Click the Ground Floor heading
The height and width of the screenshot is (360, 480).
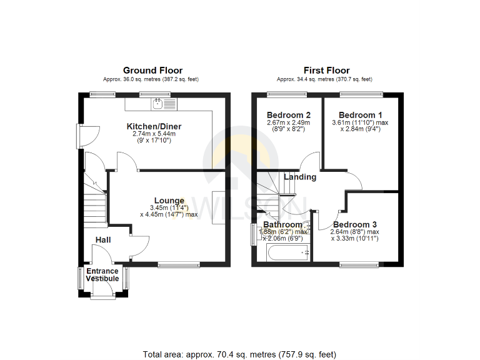tap(152, 71)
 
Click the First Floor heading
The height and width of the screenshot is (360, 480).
tap(326, 71)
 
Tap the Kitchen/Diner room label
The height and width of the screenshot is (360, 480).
tap(153, 126)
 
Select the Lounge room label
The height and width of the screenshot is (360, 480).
tap(169, 201)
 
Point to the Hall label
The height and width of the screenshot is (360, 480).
tap(104, 240)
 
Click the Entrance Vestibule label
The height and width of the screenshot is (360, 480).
tap(102, 275)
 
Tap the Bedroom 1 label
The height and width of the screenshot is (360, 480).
tap(361, 115)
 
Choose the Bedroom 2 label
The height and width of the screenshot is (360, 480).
tap(289, 115)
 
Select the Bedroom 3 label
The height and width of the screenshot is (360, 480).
tap(354, 224)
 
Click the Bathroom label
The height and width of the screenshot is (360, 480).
tap(282, 224)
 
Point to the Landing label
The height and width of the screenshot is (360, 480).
tap(300, 177)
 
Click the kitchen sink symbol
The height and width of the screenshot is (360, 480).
tap(158, 102)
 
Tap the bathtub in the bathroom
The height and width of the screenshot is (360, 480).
tap(288, 253)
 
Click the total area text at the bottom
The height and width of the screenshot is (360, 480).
tap(239, 354)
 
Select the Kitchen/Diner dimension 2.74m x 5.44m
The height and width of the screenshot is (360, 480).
tap(154, 134)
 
